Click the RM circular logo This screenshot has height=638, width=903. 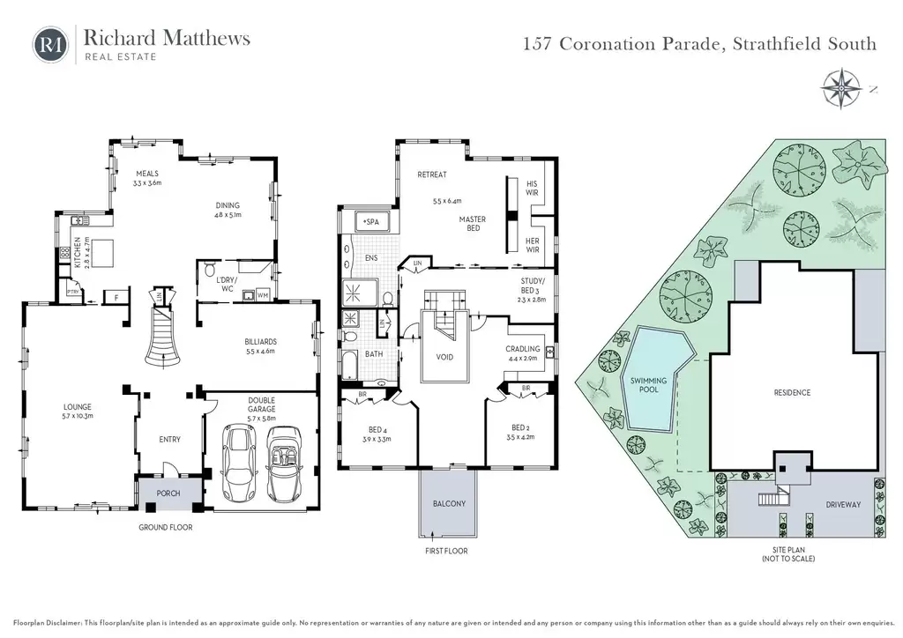pos(50,45)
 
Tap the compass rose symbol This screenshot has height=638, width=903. pos(841,89)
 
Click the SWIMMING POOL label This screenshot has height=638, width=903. pos(648,385)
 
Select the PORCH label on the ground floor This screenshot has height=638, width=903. pos(168,493)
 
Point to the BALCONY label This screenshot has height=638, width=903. pos(449,503)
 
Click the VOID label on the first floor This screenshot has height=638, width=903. pos(444,357)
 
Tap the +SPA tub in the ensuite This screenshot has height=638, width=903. pos(372,221)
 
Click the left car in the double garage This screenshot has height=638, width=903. pos(238,464)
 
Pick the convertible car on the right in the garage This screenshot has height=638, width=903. pos(285,464)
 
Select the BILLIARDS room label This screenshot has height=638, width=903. pos(260,342)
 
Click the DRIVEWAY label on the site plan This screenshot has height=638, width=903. pos(843,505)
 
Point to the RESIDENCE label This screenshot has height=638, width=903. pos(792,392)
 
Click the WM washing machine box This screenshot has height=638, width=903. pos(263,296)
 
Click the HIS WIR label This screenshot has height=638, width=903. pos(532,188)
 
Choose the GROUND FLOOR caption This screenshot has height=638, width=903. pos(165,527)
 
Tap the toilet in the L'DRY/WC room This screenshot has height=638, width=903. pos(210,270)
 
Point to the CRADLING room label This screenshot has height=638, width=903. pos(522,349)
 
